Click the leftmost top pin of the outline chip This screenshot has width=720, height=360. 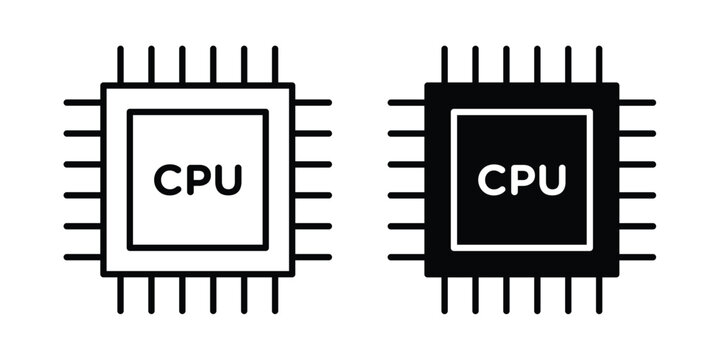click(120, 65)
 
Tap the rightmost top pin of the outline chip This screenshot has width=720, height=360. click(275, 65)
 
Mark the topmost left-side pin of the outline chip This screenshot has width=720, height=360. click(83, 102)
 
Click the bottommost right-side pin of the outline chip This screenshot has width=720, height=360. click(312, 257)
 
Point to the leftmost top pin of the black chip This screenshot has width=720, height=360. click(444, 65)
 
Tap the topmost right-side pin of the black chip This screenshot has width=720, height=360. click(636, 102)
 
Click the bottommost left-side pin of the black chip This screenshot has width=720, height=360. click(407, 257)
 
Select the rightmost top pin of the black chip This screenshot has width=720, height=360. click(599, 65)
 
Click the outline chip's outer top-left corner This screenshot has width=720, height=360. click(103, 85)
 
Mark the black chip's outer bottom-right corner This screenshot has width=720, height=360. click(618, 276)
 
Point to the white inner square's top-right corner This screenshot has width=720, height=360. click(591, 111)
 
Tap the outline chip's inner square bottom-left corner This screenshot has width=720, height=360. click(130, 248)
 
